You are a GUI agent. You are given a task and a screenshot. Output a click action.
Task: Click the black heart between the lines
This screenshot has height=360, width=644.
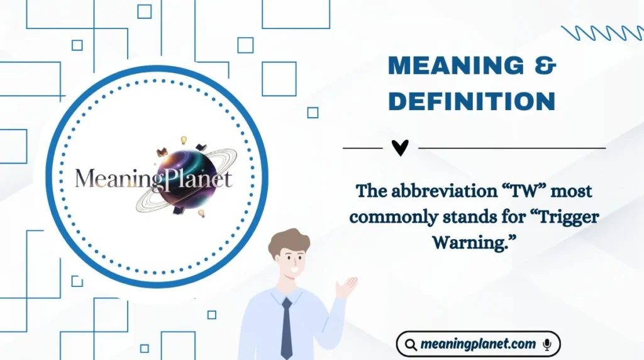coord(400,148)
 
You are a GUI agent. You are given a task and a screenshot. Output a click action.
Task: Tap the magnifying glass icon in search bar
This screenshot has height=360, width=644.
coord(411,345)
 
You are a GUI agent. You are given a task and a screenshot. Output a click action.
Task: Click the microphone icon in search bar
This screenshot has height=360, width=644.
coord(547,344)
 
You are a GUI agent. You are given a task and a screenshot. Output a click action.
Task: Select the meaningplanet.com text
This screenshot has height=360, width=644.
coord(478,344)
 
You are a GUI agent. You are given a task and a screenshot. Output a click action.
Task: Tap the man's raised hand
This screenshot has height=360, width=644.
coord(346,286)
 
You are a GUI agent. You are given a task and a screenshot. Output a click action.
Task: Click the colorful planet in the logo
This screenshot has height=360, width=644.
coord(182,177)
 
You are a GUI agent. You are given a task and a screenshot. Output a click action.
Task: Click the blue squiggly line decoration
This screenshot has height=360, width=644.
coord(601,33)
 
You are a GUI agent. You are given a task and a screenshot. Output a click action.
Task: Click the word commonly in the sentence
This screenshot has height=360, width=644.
coord(394,217)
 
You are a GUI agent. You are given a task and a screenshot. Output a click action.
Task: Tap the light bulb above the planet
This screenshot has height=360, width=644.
coord(184,140)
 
